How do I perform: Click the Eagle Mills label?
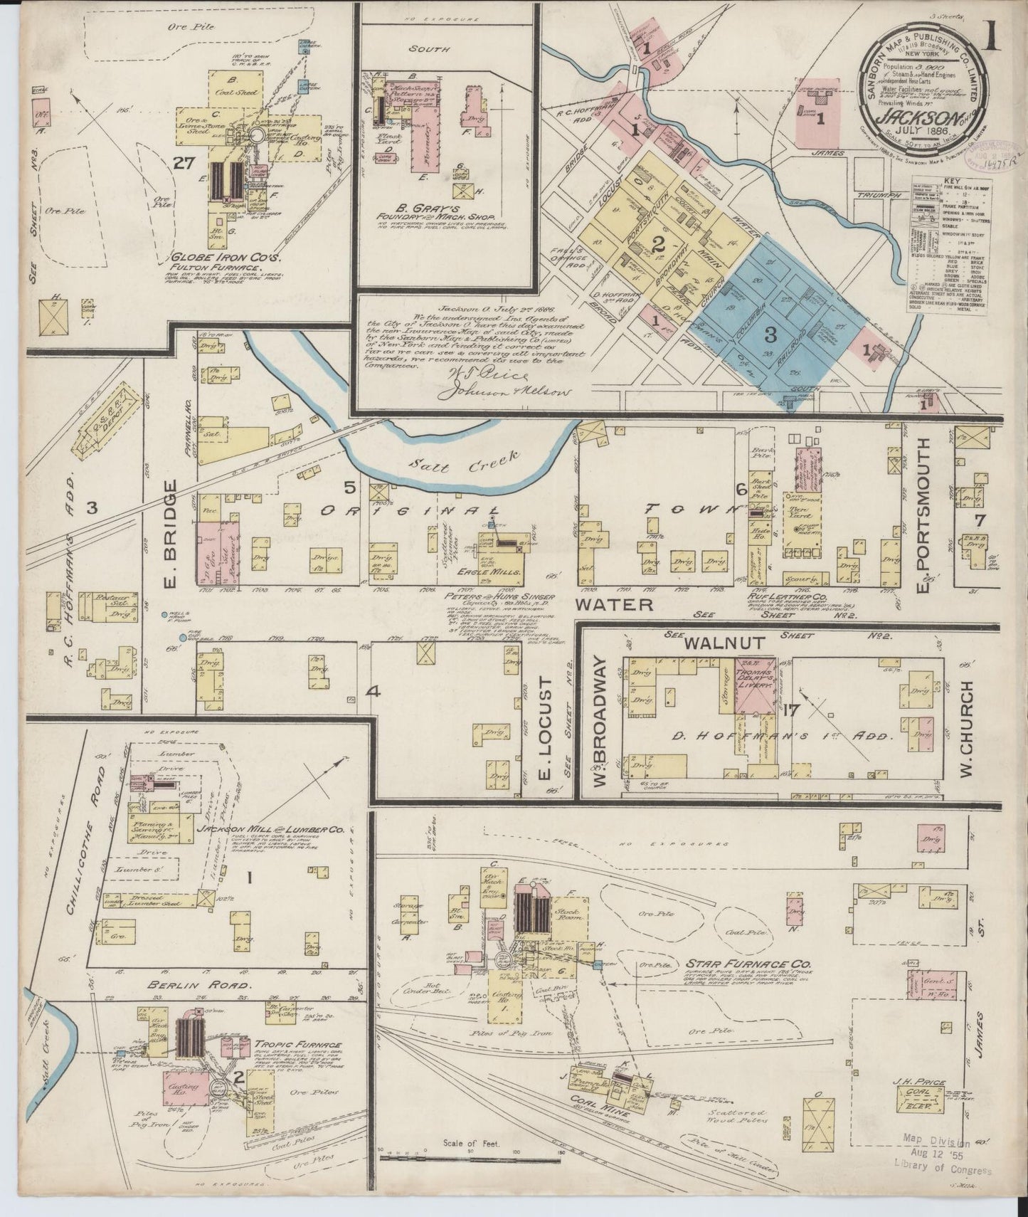click(x=501, y=571)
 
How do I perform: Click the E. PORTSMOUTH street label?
click(x=923, y=512)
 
